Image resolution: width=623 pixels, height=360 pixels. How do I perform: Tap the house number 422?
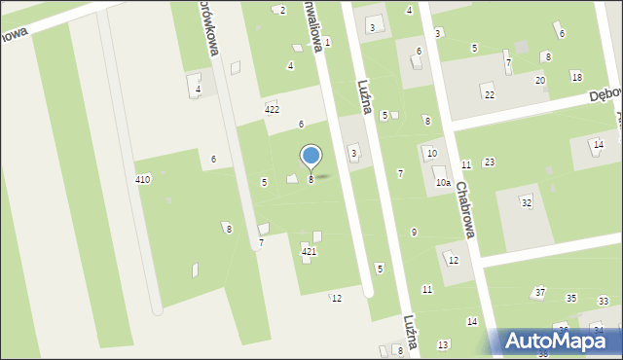(272, 109)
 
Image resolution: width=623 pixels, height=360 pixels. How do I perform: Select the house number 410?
(143, 180)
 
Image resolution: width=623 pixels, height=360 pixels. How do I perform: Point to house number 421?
(309, 252)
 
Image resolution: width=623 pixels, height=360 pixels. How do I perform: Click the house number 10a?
(443, 182)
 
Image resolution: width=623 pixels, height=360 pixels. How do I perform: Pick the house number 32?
(526, 202)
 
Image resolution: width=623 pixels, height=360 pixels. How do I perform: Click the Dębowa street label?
(605, 97)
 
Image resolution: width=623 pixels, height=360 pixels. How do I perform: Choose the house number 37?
(539, 292)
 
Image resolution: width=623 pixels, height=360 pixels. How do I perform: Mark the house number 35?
(571, 298)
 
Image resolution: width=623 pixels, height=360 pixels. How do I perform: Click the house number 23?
(489, 162)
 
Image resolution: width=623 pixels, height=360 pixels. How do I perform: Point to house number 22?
(490, 94)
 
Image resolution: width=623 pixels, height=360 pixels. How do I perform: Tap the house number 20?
(539, 80)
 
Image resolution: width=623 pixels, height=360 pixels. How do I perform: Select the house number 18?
(576, 77)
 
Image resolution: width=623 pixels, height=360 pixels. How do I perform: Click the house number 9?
(414, 232)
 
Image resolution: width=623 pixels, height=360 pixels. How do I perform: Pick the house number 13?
(443, 344)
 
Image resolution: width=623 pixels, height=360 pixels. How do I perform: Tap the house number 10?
(431, 153)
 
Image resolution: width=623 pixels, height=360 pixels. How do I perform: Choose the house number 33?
(604, 302)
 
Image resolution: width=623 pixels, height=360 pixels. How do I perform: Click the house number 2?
(282, 10)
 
